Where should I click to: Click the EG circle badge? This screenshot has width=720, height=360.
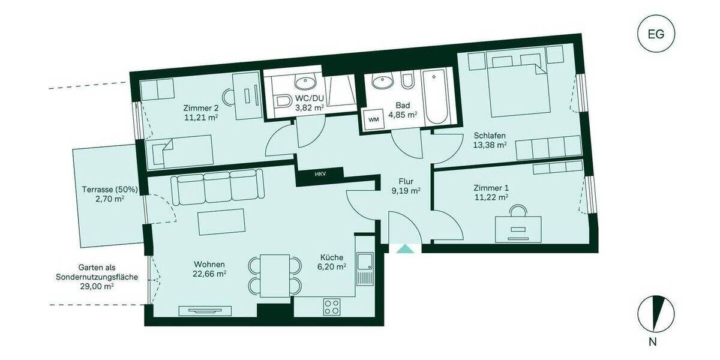(x=655, y=34)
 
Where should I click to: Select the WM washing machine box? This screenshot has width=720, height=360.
(x=373, y=119)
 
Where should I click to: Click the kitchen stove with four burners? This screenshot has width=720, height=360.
(x=332, y=307)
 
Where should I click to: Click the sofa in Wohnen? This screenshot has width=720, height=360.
(x=218, y=187)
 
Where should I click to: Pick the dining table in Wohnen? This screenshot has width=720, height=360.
(x=275, y=275)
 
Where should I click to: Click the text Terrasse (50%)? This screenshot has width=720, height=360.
(x=110, y=190)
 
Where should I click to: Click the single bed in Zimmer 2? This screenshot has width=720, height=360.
(x=181, y=151)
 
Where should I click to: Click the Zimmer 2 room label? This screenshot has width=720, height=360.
(x=200, y=108)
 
